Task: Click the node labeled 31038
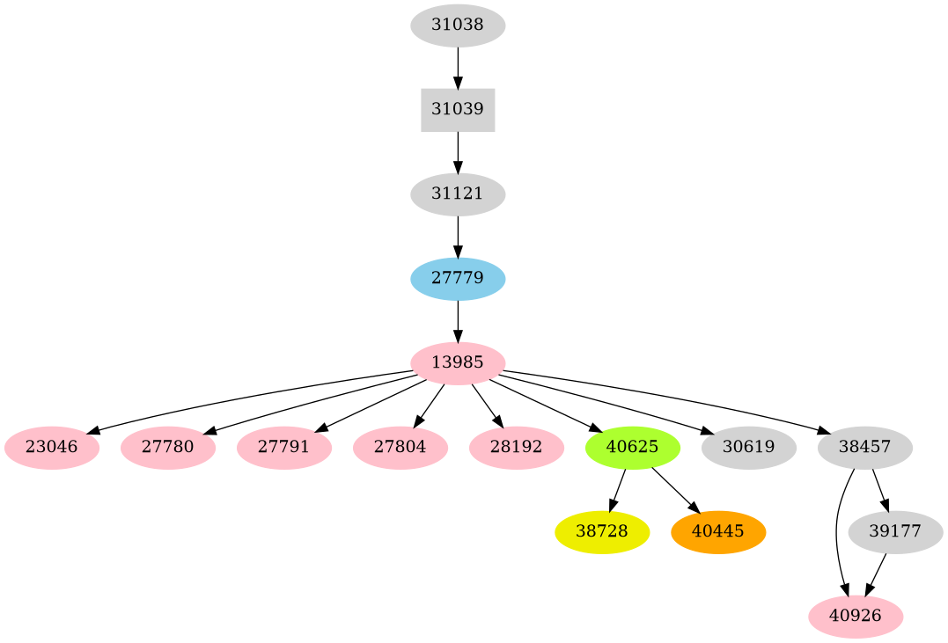point(458,26)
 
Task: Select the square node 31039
point(458,110)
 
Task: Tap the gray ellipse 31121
point(458,194)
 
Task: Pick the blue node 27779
point(458,279)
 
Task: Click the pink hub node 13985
point(458,362)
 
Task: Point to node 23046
point(51,447)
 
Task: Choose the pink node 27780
point(167,447)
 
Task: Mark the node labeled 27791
point(283,447)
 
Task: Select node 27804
point(400,447)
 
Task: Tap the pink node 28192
point(516,447)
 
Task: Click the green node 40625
point(632,447)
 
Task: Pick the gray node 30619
point(748,447)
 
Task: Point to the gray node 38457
point(864,447)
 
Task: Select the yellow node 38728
point(602,532)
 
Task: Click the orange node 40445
point(718,532)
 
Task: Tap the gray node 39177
point(895,532)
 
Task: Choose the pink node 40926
point(856,617)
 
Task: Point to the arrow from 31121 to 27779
point(458,237)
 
